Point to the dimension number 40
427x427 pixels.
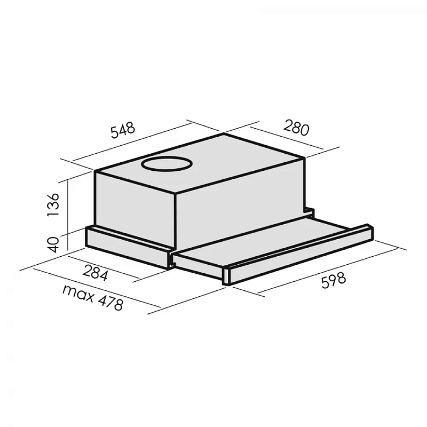[x=53, y=245]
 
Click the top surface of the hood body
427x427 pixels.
[x=224, y=160]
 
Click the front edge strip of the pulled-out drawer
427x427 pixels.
[x=299, y=254]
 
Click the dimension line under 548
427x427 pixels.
[x=133, y=142]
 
